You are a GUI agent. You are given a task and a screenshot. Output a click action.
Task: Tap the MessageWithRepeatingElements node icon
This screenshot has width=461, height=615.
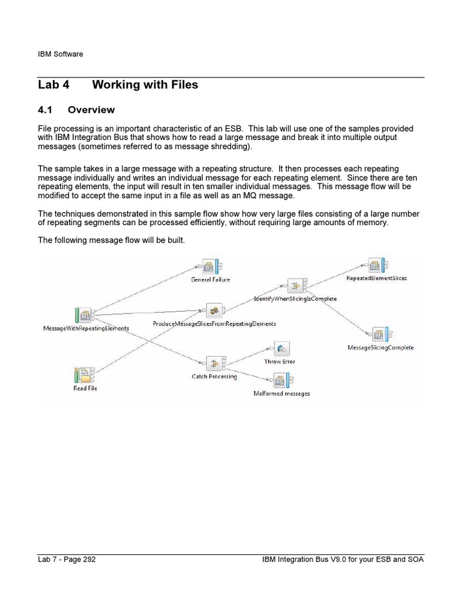tap(84, 314)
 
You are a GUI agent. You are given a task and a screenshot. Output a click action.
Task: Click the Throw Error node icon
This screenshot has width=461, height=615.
tap(281, 348)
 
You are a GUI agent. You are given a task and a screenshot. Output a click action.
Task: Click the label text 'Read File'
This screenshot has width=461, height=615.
tap(85, 389)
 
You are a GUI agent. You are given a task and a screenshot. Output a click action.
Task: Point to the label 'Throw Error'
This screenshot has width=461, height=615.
tap(280, 362)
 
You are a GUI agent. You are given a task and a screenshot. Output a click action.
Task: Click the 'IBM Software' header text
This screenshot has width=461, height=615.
tap(60, 54)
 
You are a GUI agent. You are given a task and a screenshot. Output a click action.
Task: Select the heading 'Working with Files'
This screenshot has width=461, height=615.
tap(145, 85)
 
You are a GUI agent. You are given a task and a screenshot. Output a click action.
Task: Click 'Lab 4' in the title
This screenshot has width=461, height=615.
tap(53, 85)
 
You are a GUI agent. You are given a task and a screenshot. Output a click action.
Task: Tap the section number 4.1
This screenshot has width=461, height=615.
tap(46, 110)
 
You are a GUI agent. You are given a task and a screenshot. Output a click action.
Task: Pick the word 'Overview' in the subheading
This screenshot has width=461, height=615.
tap(91, 110)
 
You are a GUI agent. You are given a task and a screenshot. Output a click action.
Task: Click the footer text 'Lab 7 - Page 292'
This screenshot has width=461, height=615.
tap(67, 560)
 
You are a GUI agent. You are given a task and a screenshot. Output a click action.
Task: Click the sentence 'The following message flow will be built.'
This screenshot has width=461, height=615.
tap(112, 240)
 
